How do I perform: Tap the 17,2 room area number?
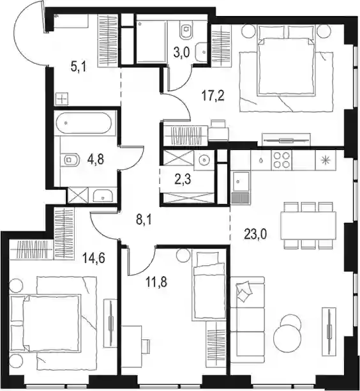213,96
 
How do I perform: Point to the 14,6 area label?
94,257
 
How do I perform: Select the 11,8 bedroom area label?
156,282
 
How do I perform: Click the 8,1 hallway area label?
144,221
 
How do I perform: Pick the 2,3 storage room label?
184,179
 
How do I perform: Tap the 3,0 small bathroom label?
182,52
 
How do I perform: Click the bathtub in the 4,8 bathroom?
83,123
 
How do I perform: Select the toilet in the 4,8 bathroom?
70,160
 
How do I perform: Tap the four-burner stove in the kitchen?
281,160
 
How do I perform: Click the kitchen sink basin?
241,182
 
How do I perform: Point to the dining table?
308,226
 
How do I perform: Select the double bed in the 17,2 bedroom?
286,66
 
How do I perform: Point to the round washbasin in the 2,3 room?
204,160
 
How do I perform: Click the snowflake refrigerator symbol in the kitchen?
326,160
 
